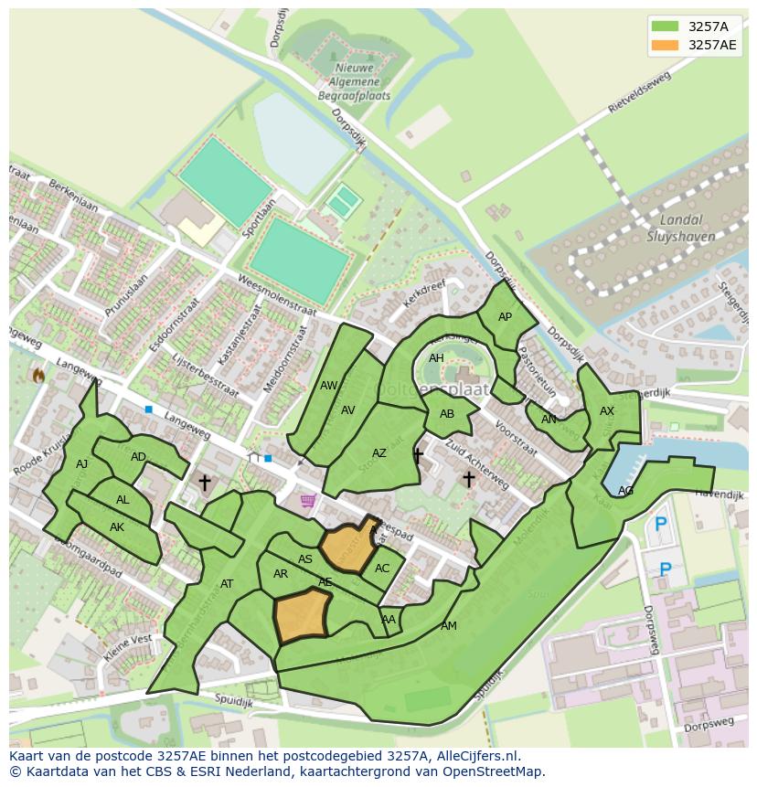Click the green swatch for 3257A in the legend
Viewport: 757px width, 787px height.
(x=666, y=26)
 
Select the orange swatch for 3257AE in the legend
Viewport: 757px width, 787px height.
(x=666, y=45)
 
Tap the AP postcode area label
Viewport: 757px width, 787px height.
(x=505, y=317)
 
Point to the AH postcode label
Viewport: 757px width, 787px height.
(x=436, y=358)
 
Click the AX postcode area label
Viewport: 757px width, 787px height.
(x=607, y=411)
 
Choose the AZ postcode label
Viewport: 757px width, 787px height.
(x=379, y=453)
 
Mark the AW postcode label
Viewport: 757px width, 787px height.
(x=328, y=386)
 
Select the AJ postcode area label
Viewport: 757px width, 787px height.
(x=82, y=464)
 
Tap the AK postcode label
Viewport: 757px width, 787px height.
(x=117, y=527)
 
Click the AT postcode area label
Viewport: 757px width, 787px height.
(x=227, y=584)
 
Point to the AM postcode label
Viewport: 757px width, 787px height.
(x=448, y=626)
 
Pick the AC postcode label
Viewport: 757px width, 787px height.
(x=382, y=569)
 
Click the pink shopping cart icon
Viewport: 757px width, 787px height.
(x=308, y=500)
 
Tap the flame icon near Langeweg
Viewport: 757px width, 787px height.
(x=38, y=375)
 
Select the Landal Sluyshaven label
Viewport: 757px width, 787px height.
(x=681, y=228)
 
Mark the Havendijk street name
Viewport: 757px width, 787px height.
(x=720, y=495)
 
